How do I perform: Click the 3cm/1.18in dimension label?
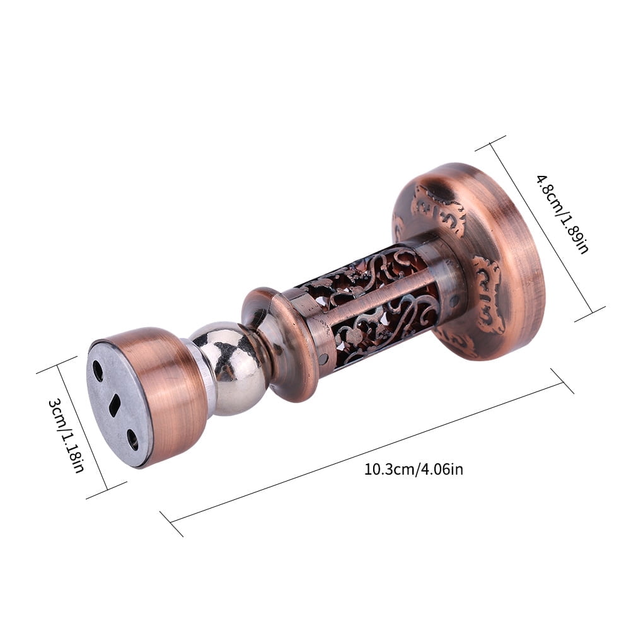point(66,435)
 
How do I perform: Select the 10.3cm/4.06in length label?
point(414,470)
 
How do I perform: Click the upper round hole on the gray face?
point(98,368)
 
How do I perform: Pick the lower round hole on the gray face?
point(132,439)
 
